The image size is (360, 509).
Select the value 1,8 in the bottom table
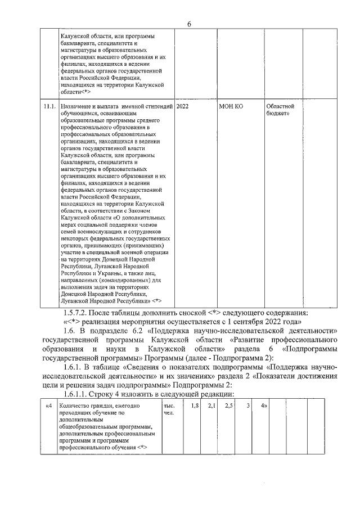[x=195, y=405]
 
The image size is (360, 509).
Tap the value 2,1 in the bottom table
[x=211, y=405]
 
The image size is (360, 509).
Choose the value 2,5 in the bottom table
[x=228, y=405]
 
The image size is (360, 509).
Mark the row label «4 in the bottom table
[x=49, y=405]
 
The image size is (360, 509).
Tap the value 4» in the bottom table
[x=263, y=405]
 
